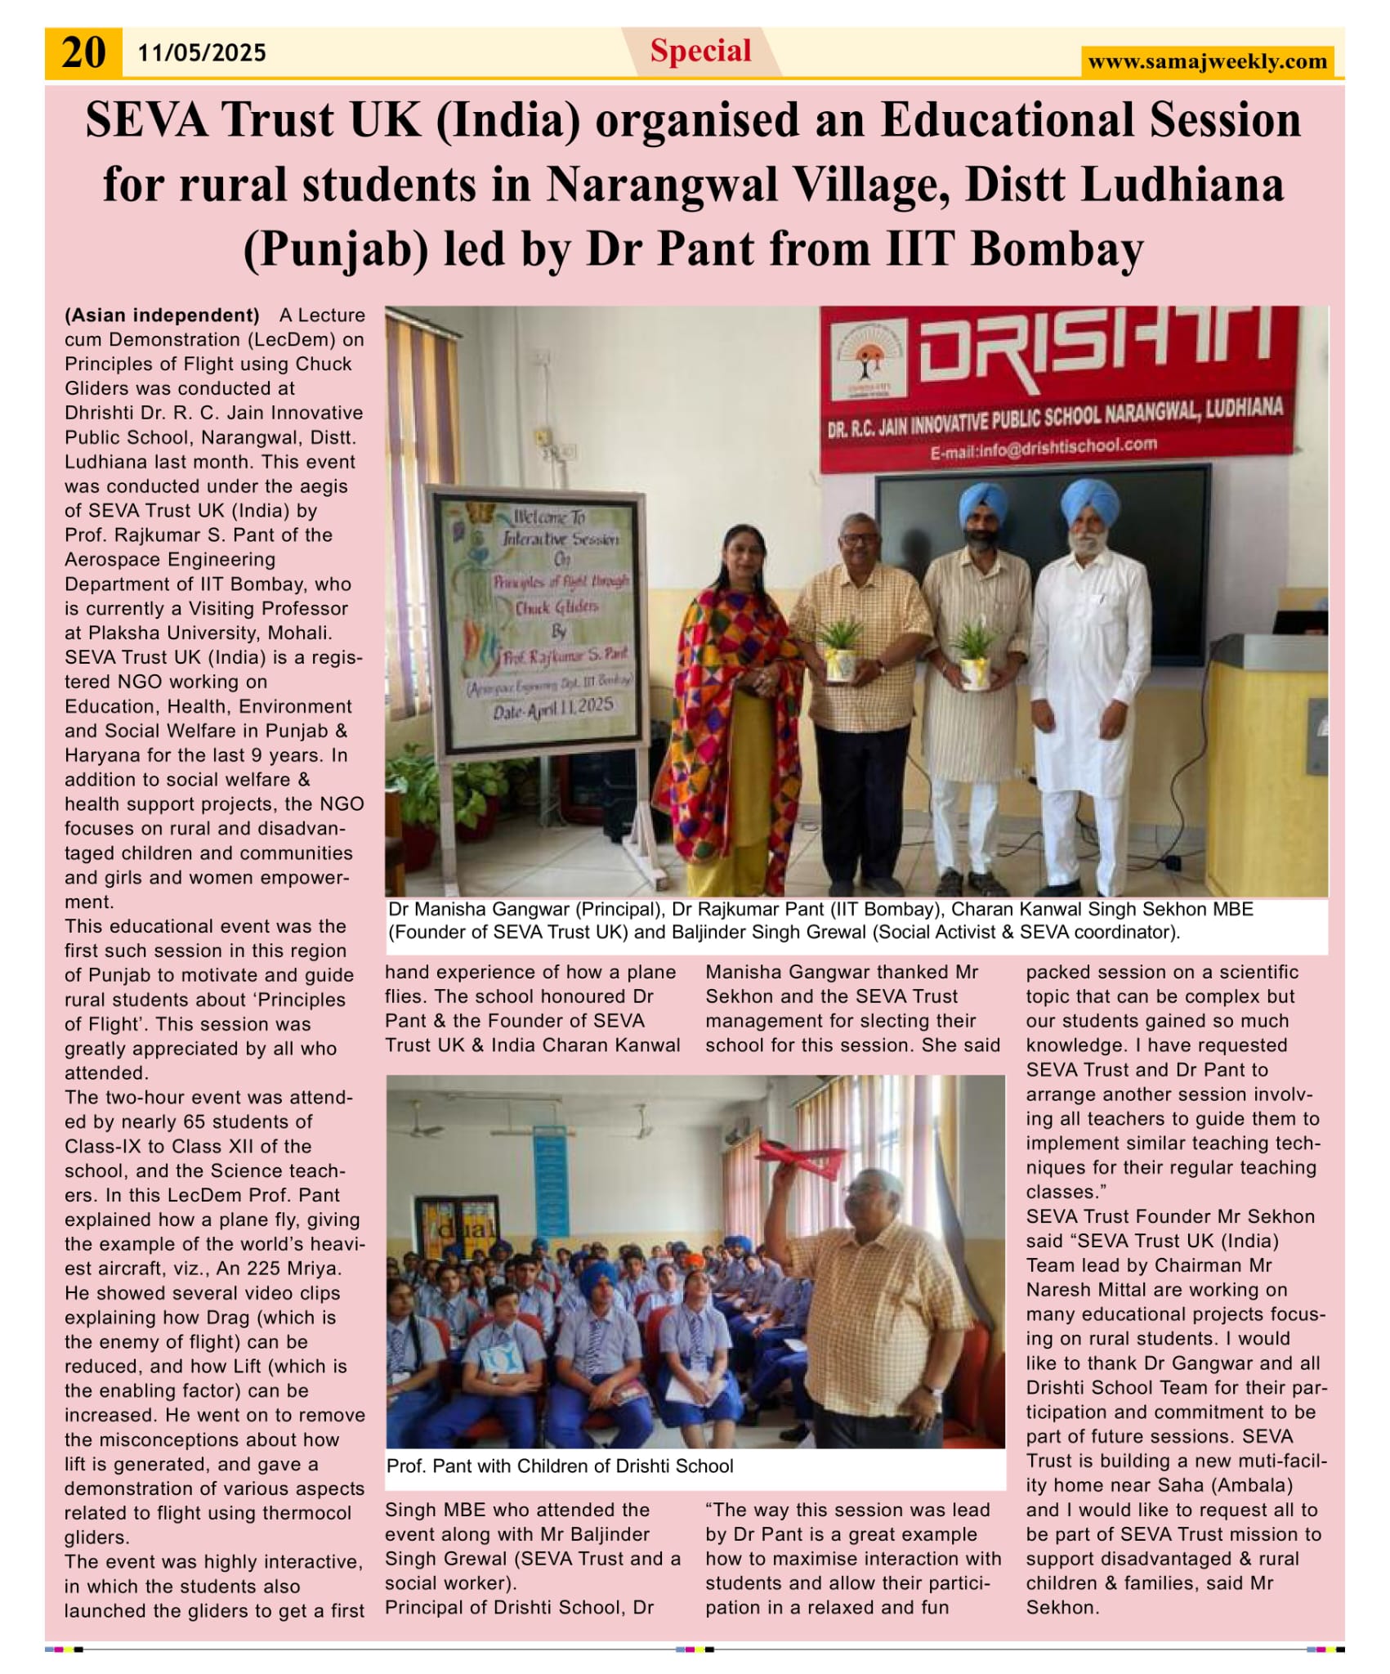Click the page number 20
click(83, 53)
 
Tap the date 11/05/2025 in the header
click(202, 53)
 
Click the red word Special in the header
click(700, 51)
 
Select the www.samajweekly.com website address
click(1207, 61)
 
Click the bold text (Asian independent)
click(162, 316)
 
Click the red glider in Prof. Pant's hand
click(799, 1157)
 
